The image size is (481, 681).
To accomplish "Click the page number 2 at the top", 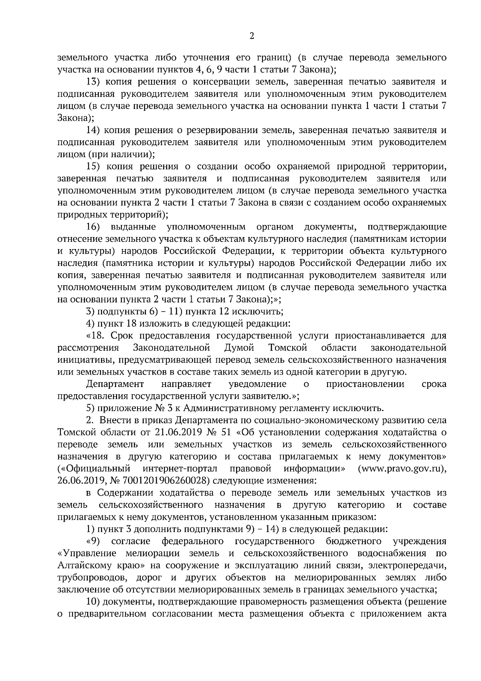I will [252, 36].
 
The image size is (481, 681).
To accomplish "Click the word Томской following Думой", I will [288, 347].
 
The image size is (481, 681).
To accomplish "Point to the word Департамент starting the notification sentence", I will [115, 384].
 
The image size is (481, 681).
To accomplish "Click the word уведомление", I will [257, 384].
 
